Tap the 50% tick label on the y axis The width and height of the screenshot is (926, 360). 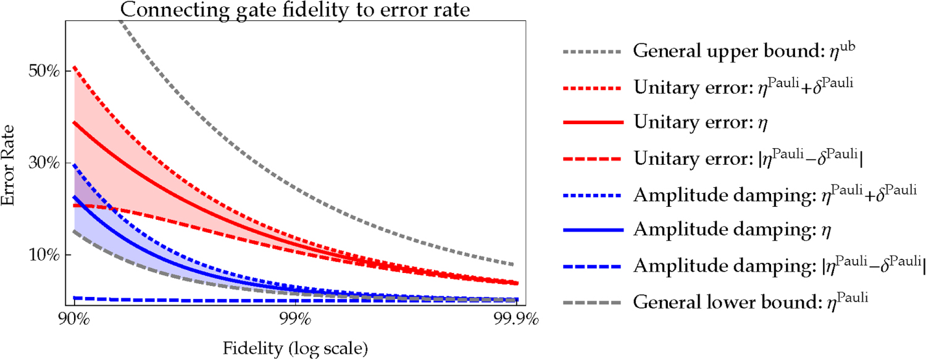(x=44, y=71)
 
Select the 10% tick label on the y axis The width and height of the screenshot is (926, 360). (x=44, y=255)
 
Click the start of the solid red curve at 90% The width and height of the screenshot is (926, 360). (x=75, y=122)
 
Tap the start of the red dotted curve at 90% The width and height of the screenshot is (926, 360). (x=75, y=67)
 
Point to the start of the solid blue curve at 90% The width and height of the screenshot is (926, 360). (x=75, y=196)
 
